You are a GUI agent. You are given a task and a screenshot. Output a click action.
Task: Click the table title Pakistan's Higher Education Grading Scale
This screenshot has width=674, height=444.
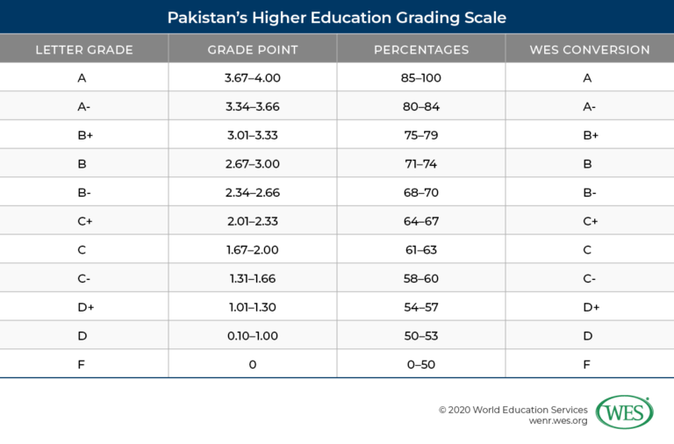[337, 17]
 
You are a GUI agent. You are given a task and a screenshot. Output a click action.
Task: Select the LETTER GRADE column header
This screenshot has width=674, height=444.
[84, 49]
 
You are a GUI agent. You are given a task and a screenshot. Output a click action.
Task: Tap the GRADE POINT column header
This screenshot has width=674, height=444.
[253, 49]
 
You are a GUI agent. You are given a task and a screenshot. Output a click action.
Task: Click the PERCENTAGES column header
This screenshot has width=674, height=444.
[421, 49]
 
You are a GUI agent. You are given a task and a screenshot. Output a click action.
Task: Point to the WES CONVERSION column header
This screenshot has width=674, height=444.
[590, 49]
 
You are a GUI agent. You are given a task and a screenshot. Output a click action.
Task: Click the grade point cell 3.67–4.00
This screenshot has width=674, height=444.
[253, 78]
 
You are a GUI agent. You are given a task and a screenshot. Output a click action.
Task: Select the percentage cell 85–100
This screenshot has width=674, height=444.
[421, 78]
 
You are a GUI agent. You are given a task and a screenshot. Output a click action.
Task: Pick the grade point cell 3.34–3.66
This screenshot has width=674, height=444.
[253, 107]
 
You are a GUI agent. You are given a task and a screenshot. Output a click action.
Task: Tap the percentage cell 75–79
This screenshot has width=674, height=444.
[421, 135]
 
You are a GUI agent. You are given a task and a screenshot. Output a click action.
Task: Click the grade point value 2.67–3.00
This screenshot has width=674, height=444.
[253, 164]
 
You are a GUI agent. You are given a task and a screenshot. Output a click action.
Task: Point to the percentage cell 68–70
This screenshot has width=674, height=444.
[421, 192]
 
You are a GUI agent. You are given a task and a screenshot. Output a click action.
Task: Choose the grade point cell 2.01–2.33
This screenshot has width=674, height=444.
[253, 221]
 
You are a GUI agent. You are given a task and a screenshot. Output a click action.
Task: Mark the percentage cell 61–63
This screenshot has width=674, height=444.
[421, 250]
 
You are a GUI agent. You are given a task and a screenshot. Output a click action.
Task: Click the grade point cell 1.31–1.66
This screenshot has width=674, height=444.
[253, 278]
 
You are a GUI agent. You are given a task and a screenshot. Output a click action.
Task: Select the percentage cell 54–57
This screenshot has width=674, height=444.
[421, 307]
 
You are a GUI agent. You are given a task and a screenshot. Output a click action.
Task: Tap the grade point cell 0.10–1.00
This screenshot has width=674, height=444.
[253, 336]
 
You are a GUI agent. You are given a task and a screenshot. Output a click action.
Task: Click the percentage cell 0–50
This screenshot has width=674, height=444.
[421, 364]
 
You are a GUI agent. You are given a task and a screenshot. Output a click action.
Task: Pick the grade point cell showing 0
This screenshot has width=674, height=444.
[253, 364]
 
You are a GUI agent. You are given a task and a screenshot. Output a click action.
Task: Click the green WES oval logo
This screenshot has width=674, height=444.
[624, 412]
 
